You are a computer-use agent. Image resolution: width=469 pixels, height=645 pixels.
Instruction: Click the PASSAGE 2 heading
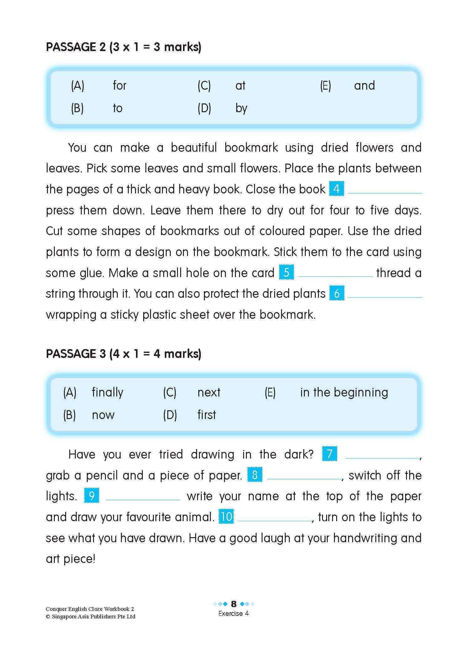(123, 47)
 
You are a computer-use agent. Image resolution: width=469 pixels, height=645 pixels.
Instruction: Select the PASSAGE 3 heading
(123, 354)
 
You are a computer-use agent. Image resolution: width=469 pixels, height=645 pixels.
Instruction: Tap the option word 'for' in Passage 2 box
(119, 85)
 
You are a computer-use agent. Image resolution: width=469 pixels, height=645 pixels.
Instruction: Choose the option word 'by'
(241, 108)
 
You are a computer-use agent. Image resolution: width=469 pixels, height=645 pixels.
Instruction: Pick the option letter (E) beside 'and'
(325, 86)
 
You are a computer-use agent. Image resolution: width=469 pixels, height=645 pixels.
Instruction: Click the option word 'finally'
(107, 392)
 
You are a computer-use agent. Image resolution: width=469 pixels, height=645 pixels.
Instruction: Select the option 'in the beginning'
(344, 392)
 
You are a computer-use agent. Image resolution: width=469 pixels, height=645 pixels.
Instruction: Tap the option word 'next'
(209, 392)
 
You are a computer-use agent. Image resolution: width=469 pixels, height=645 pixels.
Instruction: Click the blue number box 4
(336, 189)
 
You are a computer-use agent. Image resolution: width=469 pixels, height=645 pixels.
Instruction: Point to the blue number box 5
(286, 272)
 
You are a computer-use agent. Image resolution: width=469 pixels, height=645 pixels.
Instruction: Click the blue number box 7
(330, 454)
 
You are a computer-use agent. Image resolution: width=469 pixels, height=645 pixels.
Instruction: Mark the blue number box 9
(92, 496)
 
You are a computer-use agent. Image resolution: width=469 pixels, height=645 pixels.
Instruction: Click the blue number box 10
(226, 517)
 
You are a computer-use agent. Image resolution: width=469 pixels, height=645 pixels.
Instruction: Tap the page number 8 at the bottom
(233, 604)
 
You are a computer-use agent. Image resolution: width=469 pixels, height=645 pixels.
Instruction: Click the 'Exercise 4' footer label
(233, 613)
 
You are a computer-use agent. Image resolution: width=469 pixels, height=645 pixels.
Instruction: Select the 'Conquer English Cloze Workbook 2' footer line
(90, 609)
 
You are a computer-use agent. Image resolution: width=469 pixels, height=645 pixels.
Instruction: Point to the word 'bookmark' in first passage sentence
(251, 147)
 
